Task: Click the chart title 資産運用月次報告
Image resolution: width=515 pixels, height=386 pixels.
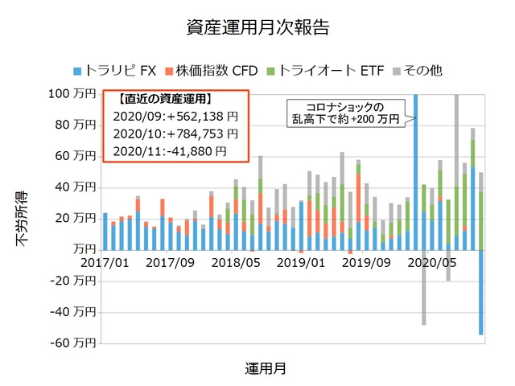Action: (257, 27)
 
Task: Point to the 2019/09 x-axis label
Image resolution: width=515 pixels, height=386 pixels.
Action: (366, 262)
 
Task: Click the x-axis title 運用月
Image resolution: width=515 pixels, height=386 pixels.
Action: (265, 369)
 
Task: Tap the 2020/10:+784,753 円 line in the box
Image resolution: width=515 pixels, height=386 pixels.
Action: (175, 133)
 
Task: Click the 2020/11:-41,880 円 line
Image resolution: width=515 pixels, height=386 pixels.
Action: (169, 150)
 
